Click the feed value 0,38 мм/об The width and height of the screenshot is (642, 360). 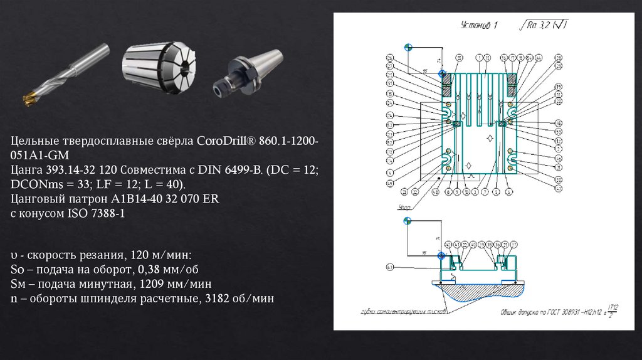[x=160, y=270]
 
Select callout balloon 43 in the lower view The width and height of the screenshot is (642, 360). [x=390, y=267]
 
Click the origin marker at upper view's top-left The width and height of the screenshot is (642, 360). [x=408, y=48]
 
